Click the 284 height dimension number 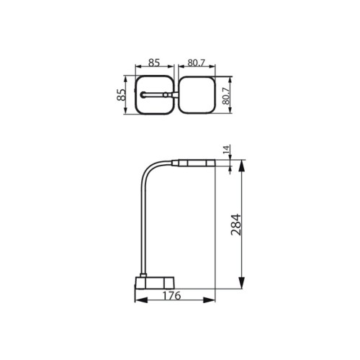pyautogui.click(x=236, y=225)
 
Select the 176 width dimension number pyautogui.click(x=171, y=296)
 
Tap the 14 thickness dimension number pyautogui.click(x=227, y=150)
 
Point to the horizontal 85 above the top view pyautogui.click(x=154, y=63)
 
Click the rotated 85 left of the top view pyautogui.click(x=122, y=95)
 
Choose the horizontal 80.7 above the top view pyautogui.click(x=197, y=63)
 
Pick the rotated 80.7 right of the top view pyautogui.click(x=226, y=96)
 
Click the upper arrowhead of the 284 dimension pyautogui.click(x=241, y=166)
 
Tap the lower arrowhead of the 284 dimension pyautogui.click(x=241, y=283)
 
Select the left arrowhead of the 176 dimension pyautogui.click(x=141, y=300)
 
